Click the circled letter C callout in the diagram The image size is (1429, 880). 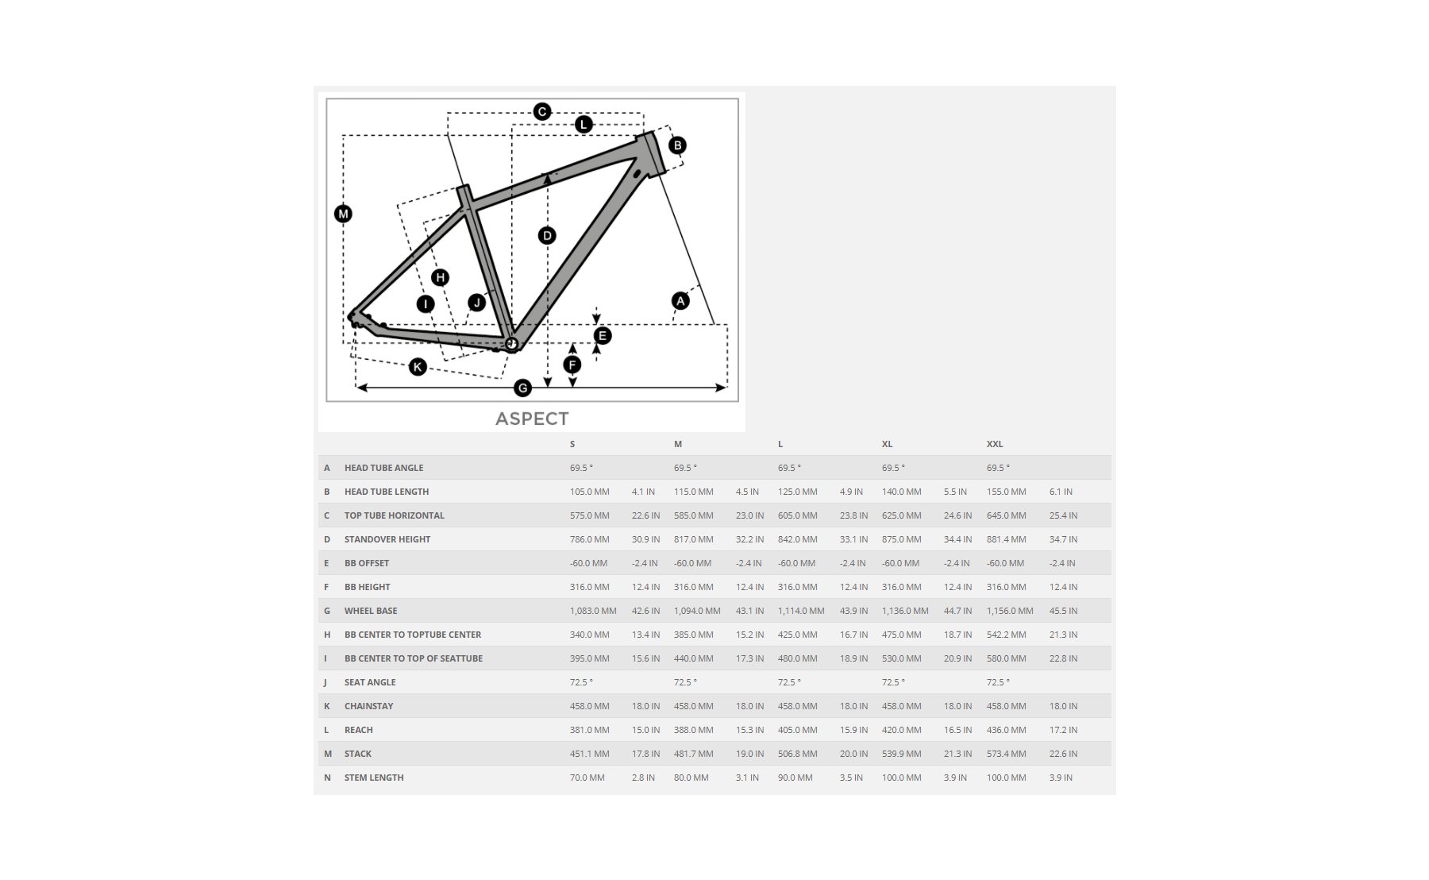click(x=542, y=111)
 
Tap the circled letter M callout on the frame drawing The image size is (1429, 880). click(x=343, y=214)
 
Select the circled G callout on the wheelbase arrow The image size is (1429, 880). click(x=522, y=388)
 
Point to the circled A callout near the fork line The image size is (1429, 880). click(x=680, y=301)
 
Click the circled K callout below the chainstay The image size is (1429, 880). click(x=418, y=367)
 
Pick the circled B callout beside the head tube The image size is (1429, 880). click(x=677, y=145)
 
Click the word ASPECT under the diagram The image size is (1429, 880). click(x=532, y=419)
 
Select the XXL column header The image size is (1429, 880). click(x=995, y=444)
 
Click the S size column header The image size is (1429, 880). click(x=572, y=444)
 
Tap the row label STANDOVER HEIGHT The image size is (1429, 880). click(x=387, y=539)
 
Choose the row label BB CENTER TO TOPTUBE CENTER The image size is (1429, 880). click(x=413, y=635)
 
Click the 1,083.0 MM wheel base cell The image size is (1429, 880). click(x=593, y=611)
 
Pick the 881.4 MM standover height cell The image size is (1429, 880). click(x=1007, y=539)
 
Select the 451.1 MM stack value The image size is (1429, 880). click(x=590, y=754)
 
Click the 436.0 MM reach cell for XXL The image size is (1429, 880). click(x=1007, y=730)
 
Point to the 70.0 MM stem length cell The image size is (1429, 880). click(x=587, y=778)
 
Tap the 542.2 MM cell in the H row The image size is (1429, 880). click(x=1007, y=635)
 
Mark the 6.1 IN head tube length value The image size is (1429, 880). click(x=1061, y=492)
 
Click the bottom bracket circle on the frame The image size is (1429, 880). click(x=511, y=344)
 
